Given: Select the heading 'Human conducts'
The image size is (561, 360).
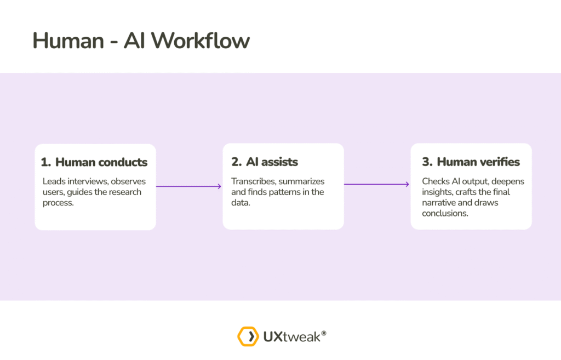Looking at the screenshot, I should tap(101, 162).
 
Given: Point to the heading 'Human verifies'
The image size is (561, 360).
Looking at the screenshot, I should tap(478, 162).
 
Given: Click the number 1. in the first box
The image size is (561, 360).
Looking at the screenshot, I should tap(46, 162).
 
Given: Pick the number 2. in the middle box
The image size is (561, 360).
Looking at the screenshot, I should tap(236, 162).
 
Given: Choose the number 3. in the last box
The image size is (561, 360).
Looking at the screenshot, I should tap(427, 162).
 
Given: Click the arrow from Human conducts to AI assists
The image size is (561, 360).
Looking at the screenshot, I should tap(188, 186).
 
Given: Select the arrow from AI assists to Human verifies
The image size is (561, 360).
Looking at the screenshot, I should tap(376, 184).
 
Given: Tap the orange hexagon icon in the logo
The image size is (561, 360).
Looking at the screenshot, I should tap(248, 336).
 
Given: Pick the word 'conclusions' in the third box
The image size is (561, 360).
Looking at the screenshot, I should tap(444, 213).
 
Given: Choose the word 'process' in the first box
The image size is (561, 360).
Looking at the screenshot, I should tap(58, 203).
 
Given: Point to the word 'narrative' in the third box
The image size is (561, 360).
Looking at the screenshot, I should tap(438, 203).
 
